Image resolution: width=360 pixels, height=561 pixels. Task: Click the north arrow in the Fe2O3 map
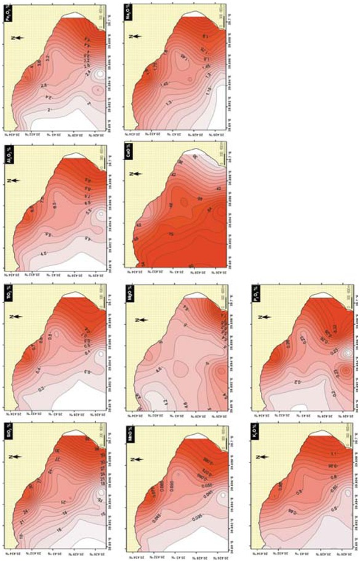19,38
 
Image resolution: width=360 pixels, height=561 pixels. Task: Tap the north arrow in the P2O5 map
263,317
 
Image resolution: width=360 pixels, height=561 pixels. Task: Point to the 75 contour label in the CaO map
170,235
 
